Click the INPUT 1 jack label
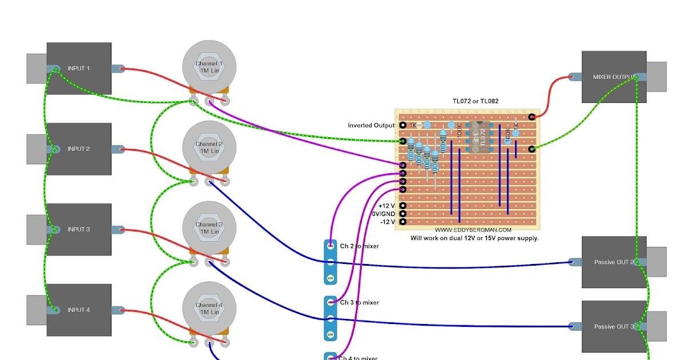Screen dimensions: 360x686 tap(78, 69)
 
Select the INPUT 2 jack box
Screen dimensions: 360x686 tap(79, 149)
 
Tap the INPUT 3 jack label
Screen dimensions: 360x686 tap(79, 230)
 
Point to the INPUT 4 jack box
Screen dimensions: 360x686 tap(79, 310)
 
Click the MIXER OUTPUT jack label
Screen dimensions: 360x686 tap(613, 77)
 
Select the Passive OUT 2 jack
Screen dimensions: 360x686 tap(614, 262)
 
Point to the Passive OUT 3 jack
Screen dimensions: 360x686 tap(614, 327)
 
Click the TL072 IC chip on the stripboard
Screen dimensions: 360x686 tap(479, 137)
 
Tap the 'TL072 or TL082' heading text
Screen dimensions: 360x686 tap(476, 101)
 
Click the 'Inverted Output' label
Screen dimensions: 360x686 tap(371, 125)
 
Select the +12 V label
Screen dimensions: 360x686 tap(387, 206)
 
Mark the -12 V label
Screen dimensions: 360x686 tap(387, 222)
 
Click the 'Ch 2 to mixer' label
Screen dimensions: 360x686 tap(359, 246)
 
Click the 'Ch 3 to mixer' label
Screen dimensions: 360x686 tap(359, 303)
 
